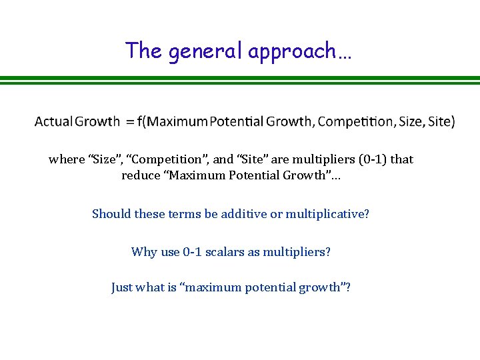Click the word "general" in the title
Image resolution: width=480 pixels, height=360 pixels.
pos(206,51)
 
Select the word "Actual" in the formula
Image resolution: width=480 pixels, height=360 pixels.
pos(53,121)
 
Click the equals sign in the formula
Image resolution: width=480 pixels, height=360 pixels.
pos(128,121)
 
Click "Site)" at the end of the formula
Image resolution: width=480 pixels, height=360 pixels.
pos(442,121)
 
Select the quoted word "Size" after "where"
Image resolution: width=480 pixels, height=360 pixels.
pos(104,159)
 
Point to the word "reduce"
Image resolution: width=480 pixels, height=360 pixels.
pos(141,176)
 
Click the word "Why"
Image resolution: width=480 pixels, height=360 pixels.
pos(144,252)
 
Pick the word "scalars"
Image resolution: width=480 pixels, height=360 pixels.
pos(227,252)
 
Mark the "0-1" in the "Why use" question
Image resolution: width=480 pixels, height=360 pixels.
pos(193,252)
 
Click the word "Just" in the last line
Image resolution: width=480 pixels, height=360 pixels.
pos(122,288)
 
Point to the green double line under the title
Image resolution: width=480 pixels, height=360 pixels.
pos(240,80)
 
